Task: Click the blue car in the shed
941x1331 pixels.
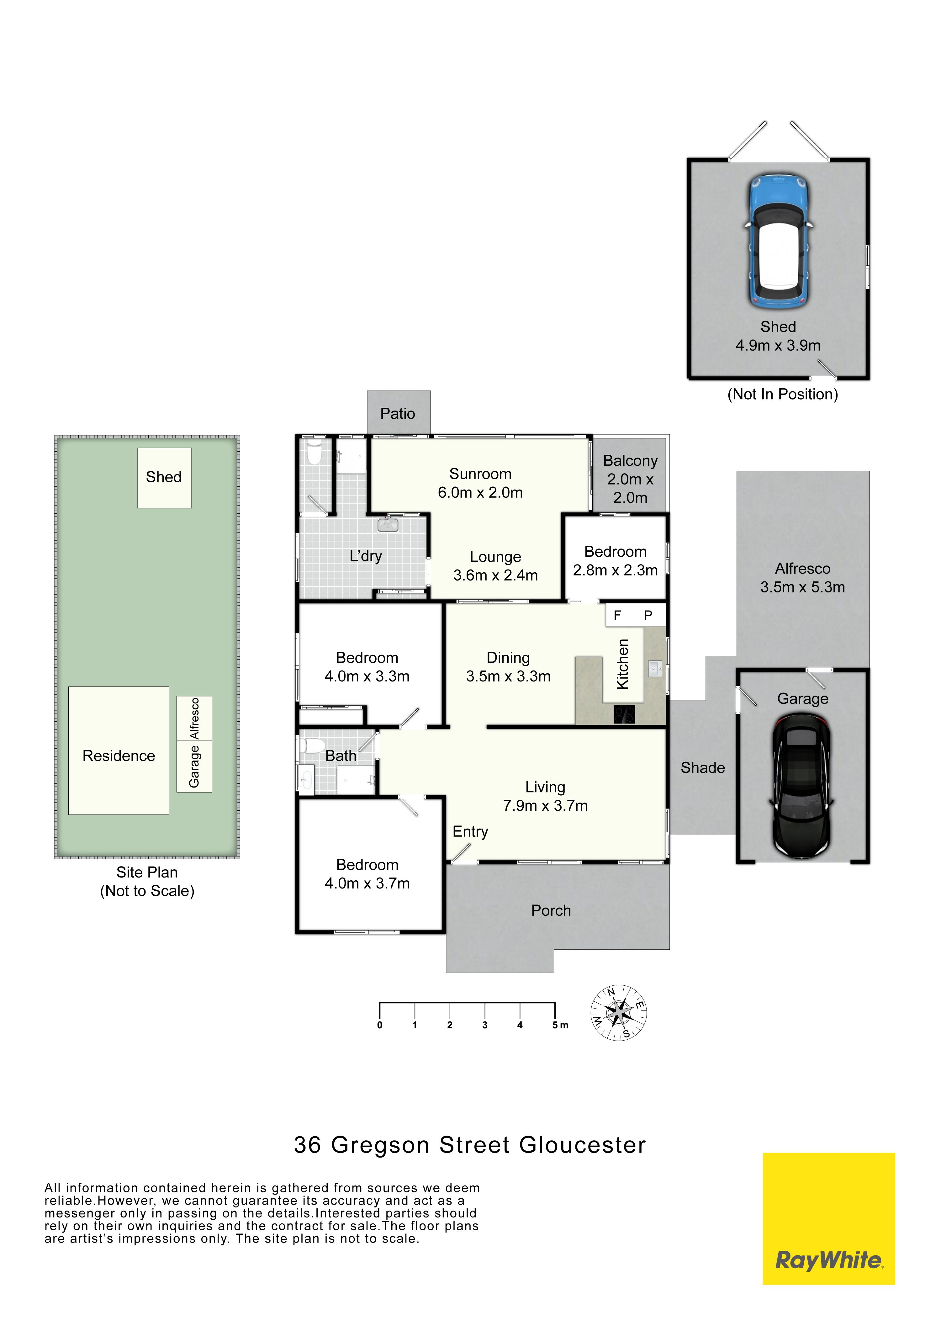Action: click(x=778, y=241)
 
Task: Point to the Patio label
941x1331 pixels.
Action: click(x=398, y=414)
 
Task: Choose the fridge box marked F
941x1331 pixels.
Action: click(x=617, y=615)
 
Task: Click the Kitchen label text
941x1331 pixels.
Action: click(x=623, y=664)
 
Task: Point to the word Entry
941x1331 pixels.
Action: click(x=470, y=832)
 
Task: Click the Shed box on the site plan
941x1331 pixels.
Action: click(x=165, y=478)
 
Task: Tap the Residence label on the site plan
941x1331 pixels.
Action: click(x=119, y=756)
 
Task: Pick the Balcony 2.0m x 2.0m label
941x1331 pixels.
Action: click(x=631, y=480)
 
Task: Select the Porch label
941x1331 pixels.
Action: click(x=551, y=911)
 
